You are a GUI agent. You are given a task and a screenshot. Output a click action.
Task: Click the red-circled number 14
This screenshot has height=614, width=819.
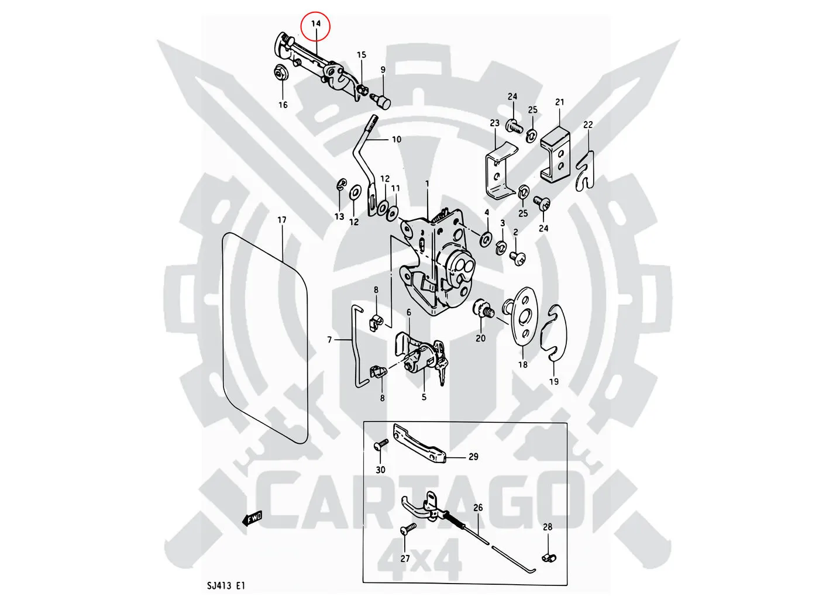coord(316,24)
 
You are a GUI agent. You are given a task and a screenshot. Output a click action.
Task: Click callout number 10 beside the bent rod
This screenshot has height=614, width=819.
coord(397,139)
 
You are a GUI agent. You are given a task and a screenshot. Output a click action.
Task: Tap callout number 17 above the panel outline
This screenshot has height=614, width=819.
coord(282,220)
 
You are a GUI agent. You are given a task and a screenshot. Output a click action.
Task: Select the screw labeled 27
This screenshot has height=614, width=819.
coord(406,530)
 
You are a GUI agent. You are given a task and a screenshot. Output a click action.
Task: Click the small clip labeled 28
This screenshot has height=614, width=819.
coord(548,557)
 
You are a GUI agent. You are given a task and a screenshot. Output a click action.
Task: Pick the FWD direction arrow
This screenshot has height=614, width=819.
coord(253,519)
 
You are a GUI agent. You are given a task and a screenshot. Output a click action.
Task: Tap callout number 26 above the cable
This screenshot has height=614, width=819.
coord(478,508)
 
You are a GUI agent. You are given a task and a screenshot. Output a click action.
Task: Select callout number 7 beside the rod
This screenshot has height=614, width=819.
coord(330,340)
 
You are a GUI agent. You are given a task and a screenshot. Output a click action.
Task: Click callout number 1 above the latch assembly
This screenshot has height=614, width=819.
coord(427,184)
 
